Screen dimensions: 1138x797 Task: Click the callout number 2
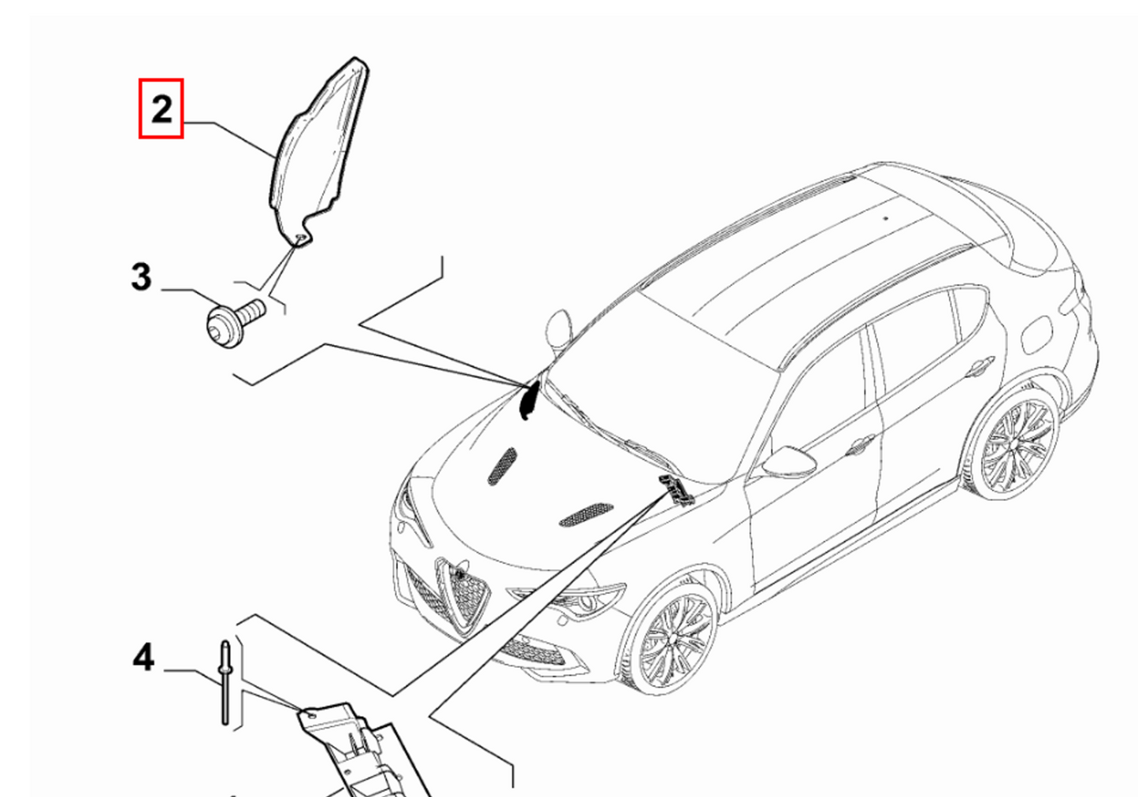(x=161, y=109)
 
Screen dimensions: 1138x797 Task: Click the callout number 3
(x=141, y=277)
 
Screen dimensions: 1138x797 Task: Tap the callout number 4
(x=143, y=658)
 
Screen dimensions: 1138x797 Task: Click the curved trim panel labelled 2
(x=317, y=152)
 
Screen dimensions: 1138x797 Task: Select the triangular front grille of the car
(x=463, y=595)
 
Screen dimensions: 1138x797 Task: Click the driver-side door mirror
(x=788, y=462)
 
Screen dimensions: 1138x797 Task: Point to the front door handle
(x=861, y=444)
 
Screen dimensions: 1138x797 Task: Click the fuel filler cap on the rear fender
(x=1036, y=335)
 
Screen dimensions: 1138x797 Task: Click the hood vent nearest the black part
(x=502, y=465)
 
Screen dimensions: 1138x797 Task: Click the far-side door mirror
(x=558, y=330)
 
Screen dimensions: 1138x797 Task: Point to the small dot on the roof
(x=885, y=218)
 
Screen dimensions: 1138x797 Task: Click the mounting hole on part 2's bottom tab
(x=300, y=237)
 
